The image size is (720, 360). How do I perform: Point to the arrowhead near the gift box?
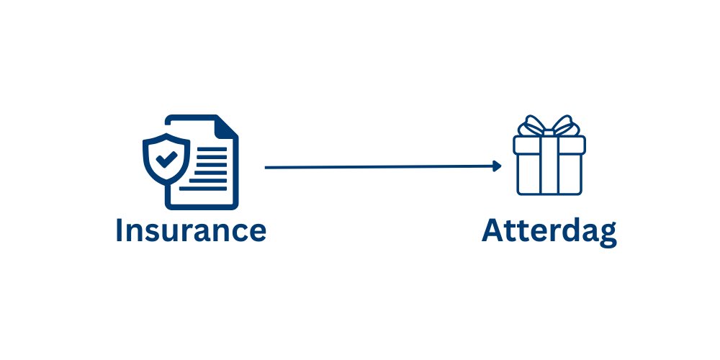(497, 166)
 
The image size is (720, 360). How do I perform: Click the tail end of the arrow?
(267, 167)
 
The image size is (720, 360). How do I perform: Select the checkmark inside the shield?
(167, 159)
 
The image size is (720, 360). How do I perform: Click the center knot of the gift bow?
(549, 131)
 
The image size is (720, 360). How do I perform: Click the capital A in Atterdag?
(493, 231)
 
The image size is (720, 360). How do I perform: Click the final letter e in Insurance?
(257, 233)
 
